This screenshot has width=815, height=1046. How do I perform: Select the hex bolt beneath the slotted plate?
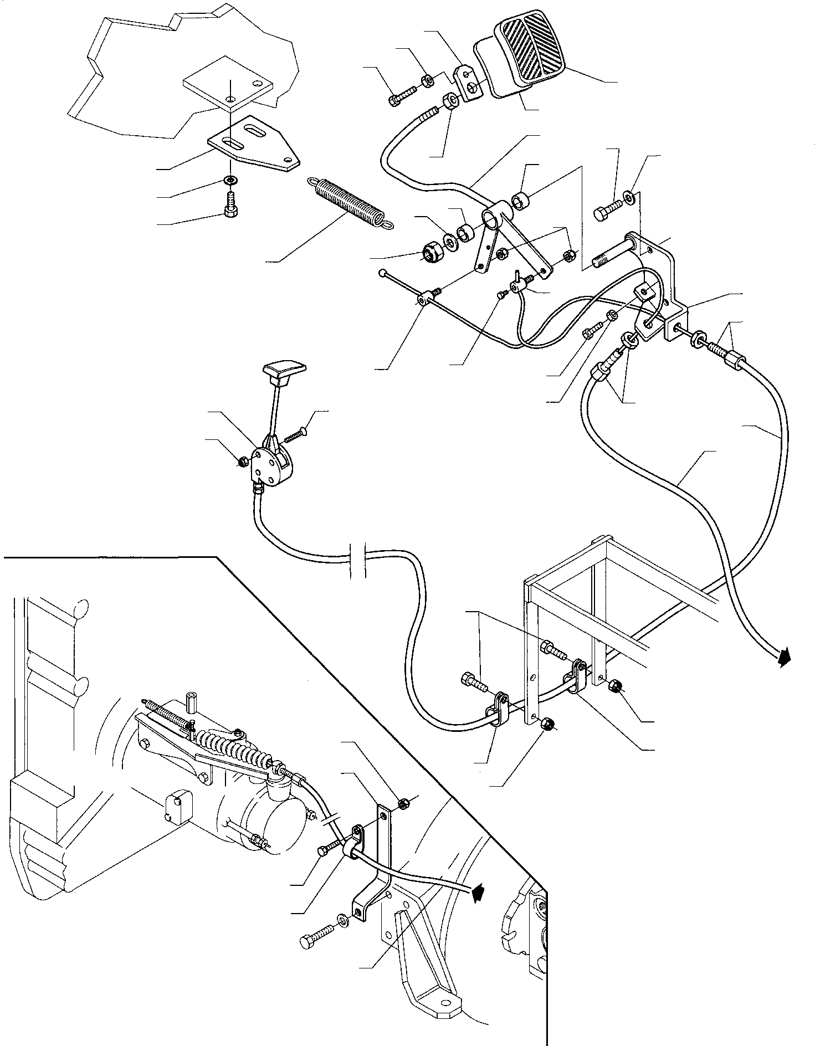pos(230,207)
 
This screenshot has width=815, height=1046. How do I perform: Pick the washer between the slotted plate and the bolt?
pos(230,180)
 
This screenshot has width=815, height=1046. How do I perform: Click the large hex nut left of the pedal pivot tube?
pos(430,252)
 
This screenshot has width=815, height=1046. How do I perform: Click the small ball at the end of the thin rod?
pos(383,273)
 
